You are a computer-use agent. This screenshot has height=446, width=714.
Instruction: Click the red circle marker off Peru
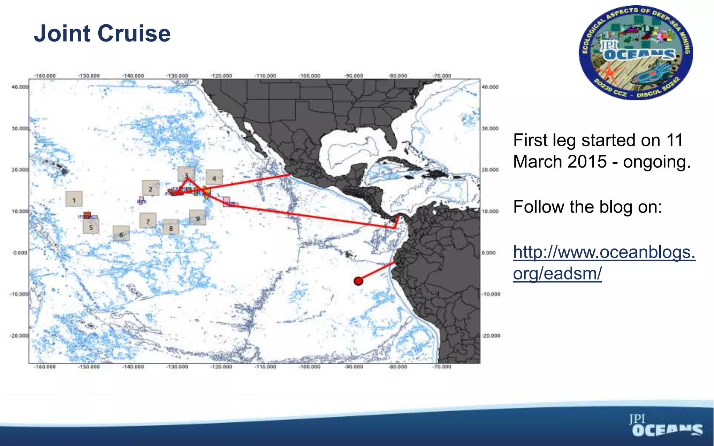(x=358, y=281)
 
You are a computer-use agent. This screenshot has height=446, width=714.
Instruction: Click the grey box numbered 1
(x=74, y=199)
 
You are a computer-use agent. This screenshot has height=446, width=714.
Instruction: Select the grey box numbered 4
(x=214, y=178)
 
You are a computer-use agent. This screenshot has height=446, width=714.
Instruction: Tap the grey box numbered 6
(x=121, y=234)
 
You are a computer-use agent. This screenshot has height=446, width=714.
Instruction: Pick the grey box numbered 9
(x=198, y=218)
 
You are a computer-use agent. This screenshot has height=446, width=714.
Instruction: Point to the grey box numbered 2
(x=151, y=189)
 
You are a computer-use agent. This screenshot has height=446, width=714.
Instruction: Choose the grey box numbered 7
(x=148, y=221)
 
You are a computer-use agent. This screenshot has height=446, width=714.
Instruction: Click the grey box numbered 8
(x=171, y=228)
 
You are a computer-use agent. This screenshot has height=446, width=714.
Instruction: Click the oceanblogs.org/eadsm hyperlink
(x=604, y=262)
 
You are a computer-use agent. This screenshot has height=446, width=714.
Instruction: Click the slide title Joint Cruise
(x=102, y=33)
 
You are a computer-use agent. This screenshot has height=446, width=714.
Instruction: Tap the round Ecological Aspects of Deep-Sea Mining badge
(x=636, y=53)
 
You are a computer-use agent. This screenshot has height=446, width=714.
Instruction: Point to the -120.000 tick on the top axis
(x=221, y=76)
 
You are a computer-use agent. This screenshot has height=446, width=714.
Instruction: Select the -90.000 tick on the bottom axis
(x=354, y=367)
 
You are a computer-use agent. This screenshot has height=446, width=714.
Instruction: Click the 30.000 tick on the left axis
(x=20, y=128)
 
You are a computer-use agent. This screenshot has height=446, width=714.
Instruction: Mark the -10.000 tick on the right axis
(x=491, y=294)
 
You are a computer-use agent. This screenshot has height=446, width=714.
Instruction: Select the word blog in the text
(x=615, y=207)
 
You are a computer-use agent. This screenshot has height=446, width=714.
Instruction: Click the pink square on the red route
(x=226, y=201)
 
